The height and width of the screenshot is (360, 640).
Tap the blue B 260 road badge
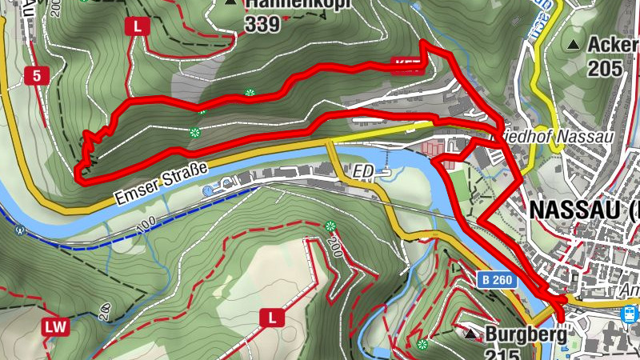click(x=496, y=280)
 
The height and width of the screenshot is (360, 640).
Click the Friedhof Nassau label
click(x=556, y=137)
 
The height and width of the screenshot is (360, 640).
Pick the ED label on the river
click(x=365, y=170)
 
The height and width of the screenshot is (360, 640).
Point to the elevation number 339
click(x=263, y=25)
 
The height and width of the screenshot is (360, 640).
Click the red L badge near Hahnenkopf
click(x=138, y=26)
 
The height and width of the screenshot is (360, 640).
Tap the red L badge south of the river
click(x=272, y=318)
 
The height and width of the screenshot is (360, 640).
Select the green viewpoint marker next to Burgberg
click(x=422, y=345)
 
